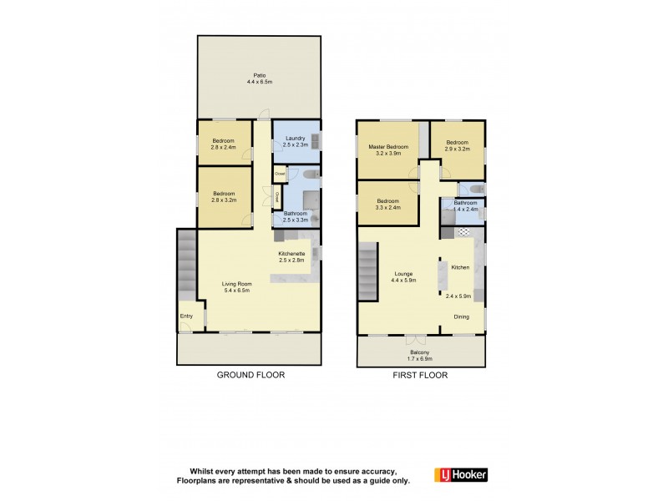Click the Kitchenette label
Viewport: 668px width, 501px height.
click(291, 253)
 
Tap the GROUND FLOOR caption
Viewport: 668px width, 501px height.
click(251, 376)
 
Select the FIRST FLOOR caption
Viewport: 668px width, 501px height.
click(421, 376)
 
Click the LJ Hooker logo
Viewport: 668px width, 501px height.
click(461, 474)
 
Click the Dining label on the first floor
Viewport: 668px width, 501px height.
click(462, 317)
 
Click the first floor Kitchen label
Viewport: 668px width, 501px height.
click(460, 267)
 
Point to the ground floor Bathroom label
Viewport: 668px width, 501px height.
click(296, 214)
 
